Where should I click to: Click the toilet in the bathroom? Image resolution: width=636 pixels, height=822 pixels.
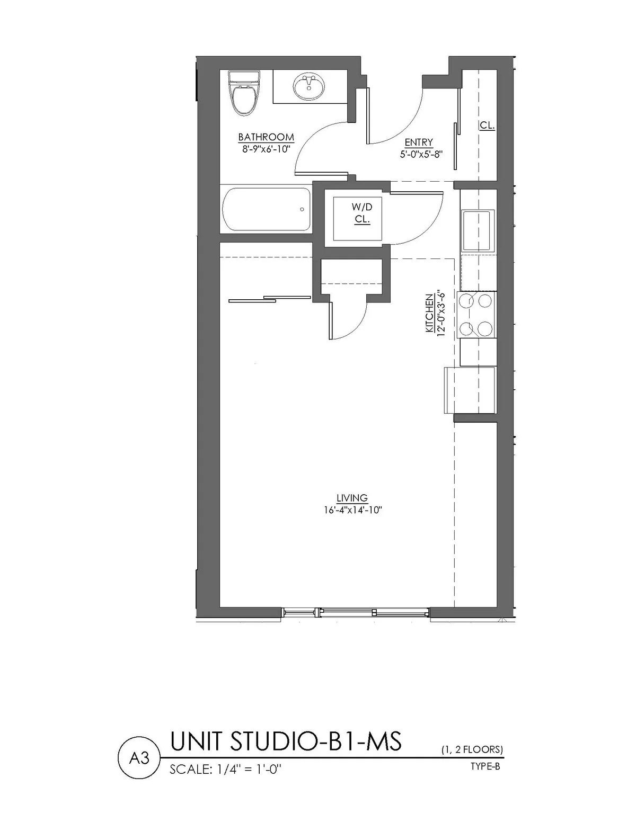coord(245,94)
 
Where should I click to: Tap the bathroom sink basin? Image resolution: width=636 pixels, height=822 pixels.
coord(307,87)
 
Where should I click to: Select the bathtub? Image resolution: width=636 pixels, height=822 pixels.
coord(267,209)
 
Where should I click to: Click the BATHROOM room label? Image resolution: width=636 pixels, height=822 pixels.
coord(266,137)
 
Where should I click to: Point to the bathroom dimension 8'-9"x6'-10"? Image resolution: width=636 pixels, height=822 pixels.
coord(266,149)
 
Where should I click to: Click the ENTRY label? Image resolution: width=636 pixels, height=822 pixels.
coord(419,142)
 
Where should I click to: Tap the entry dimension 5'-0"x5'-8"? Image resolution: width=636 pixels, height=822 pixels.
coord(421,154)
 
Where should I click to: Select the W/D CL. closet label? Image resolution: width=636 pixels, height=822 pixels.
coord(362,213)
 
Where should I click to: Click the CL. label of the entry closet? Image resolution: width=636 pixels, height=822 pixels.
coord(487,126)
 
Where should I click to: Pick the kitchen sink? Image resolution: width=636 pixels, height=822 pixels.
coord(478,230)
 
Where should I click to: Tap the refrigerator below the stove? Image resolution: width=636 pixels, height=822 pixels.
coord(470,390)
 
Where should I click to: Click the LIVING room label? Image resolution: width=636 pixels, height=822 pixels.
coord(352,498)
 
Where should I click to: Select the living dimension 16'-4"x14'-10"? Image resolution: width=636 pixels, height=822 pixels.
coord(353,510)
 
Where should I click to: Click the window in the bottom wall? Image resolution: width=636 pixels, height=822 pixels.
coord(355,613)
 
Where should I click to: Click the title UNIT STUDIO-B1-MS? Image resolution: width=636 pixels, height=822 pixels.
coord(286,741)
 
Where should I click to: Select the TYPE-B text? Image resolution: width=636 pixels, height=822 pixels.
coord(485,766)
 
